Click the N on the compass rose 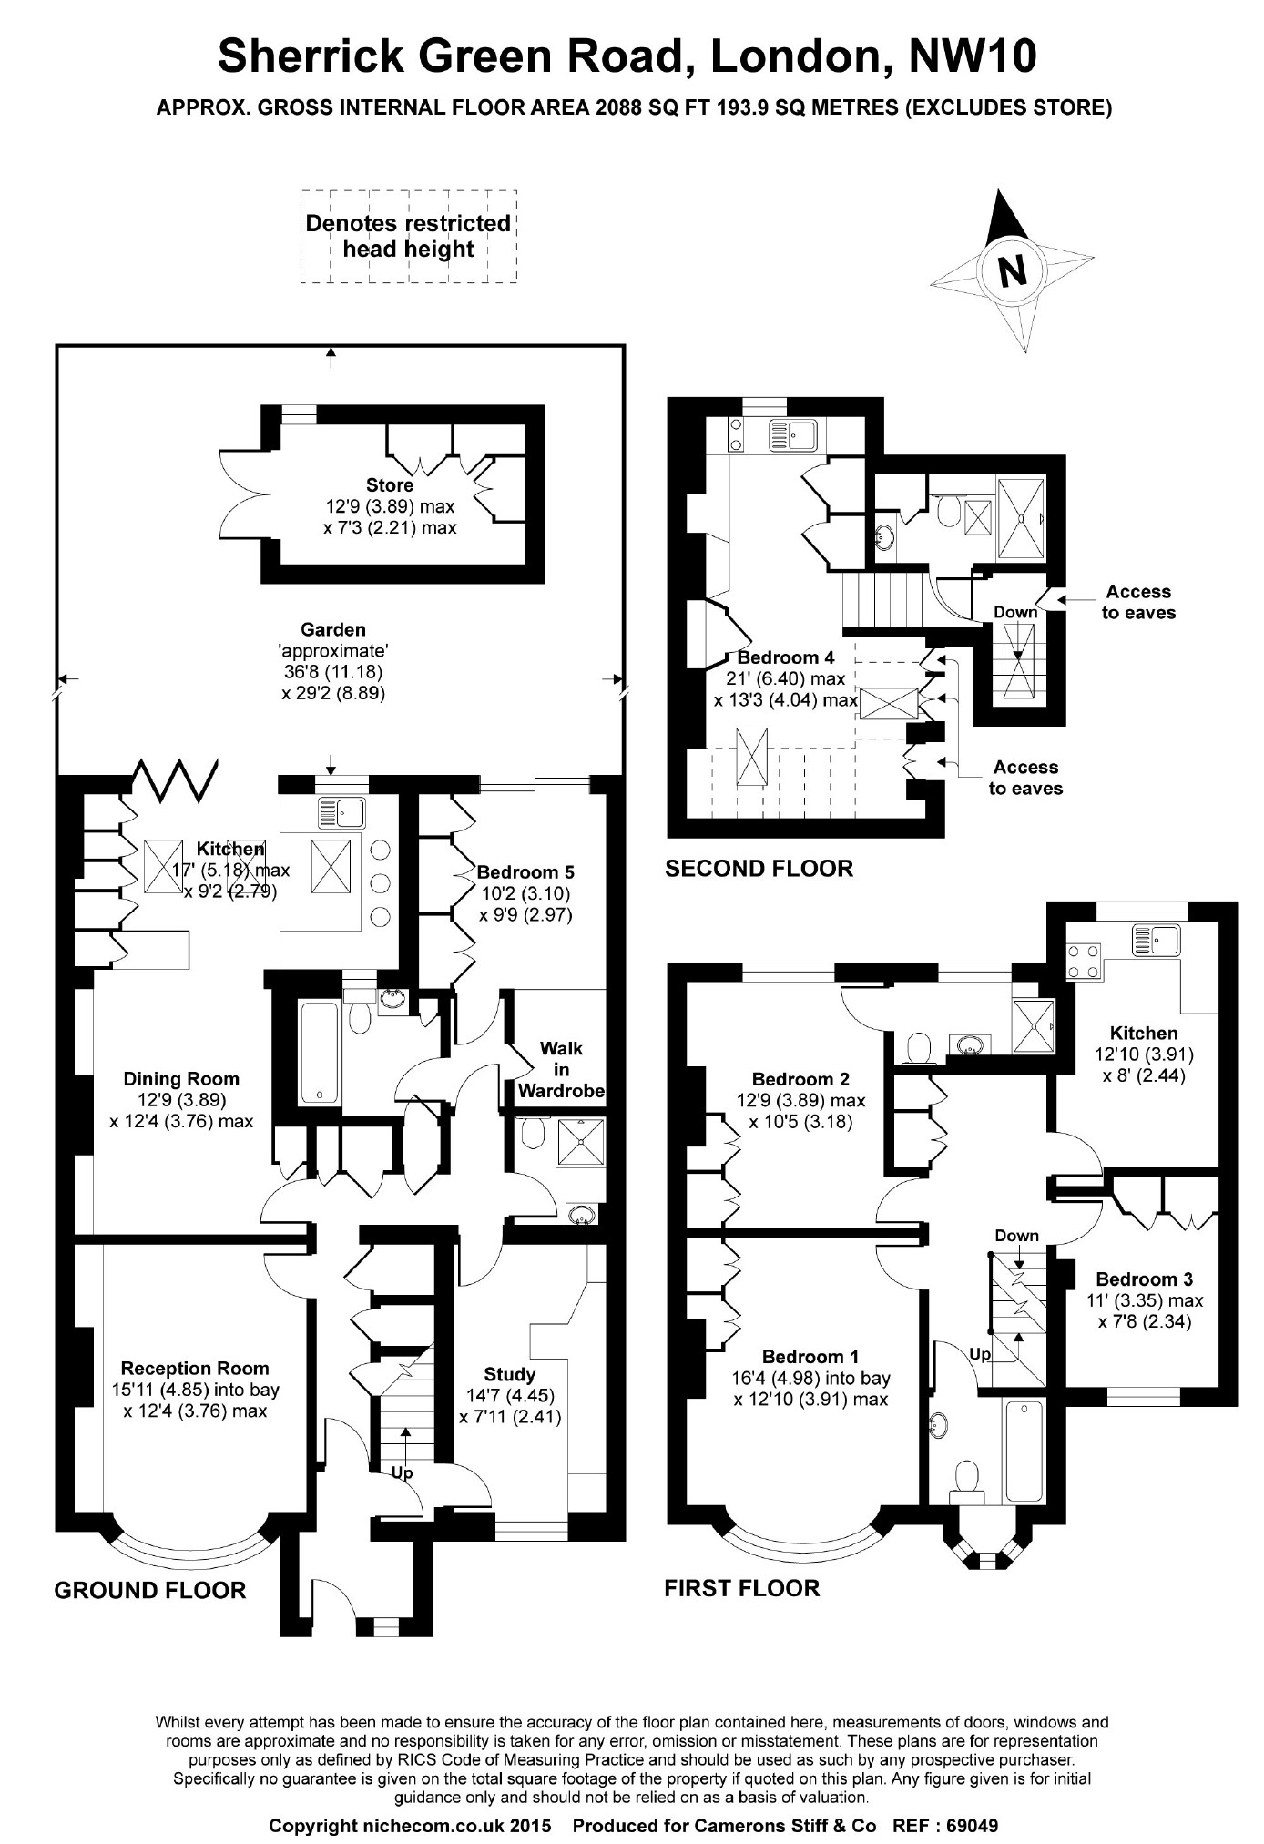point(1012,270)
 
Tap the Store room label point(390,485)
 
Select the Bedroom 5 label point(525,871)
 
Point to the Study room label point(510,1374)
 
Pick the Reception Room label point(195,1368)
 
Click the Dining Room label point(181,1079)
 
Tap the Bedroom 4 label point(785,657)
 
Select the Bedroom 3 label point(1145,1279)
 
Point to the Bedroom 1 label point(810,1356)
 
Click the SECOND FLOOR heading point(759,868)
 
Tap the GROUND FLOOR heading point(150,1590)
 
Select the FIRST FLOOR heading point(742,1588)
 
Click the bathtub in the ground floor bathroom point(320,1052)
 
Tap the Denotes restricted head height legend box point(409,236)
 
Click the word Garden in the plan point(333,629)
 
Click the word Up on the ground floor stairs point(402,1472)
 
